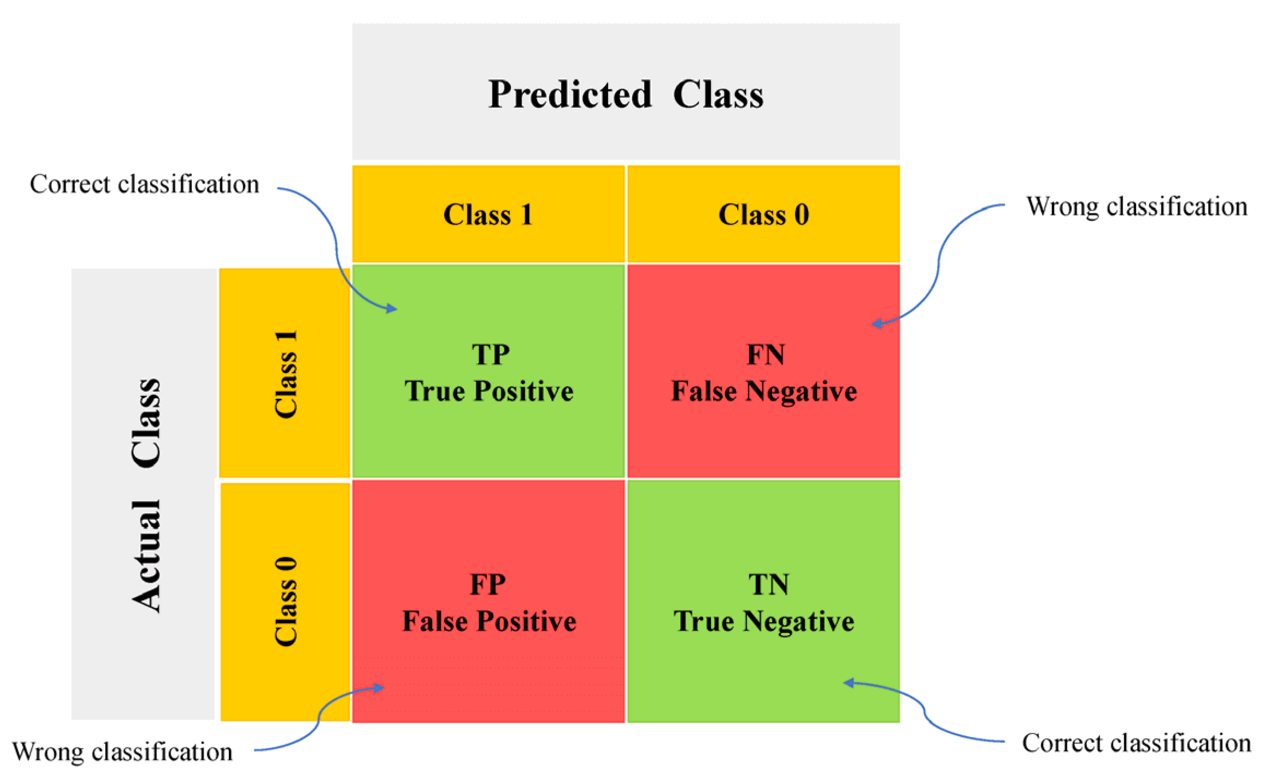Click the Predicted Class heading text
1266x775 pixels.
tap(626, 94)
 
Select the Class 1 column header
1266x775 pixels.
tap(488, 214)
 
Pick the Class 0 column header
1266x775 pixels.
tap(763, 214)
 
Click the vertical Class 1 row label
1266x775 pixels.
tap(285, 375)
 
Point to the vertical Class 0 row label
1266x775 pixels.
tap(285, 602)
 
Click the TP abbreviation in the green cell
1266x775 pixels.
tap(490, 354)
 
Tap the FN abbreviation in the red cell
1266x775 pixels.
tap(766, 354)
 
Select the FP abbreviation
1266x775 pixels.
tap(488, 584)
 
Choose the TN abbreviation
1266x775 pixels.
tap(768, 584)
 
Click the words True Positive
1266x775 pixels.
tap(489, 391)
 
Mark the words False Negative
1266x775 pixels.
tap(764, 391)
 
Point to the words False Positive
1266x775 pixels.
tap(489, 621)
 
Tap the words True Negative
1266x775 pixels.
tap(764, 621)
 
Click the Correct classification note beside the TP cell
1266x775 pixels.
tap(144, 184)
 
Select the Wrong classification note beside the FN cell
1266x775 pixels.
tap(1137, 206)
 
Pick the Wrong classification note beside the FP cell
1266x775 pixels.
tap(122, 752)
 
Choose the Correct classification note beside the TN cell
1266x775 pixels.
tap(1137, 743)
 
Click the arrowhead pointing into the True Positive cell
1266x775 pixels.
tap(392, 309)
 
